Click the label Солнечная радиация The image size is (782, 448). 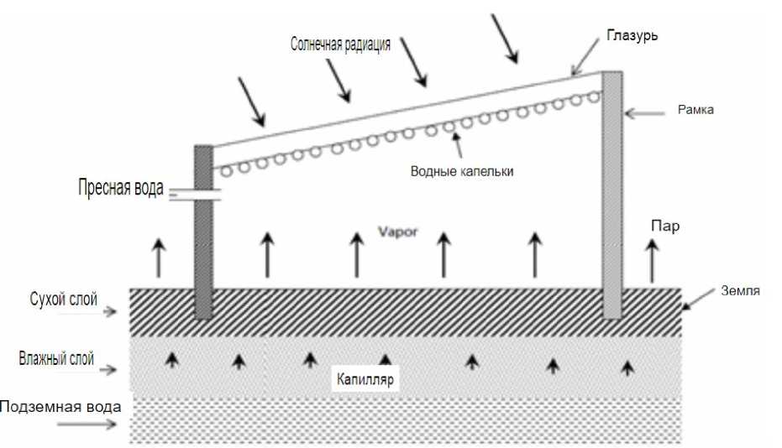click(x=340, y=44)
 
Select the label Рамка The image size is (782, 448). click(x=696, y=110)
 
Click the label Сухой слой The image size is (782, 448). click(x=60, y=298)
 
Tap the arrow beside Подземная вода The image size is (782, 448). click(x=88, y=425)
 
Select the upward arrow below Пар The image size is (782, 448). click(x=651, y=260)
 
